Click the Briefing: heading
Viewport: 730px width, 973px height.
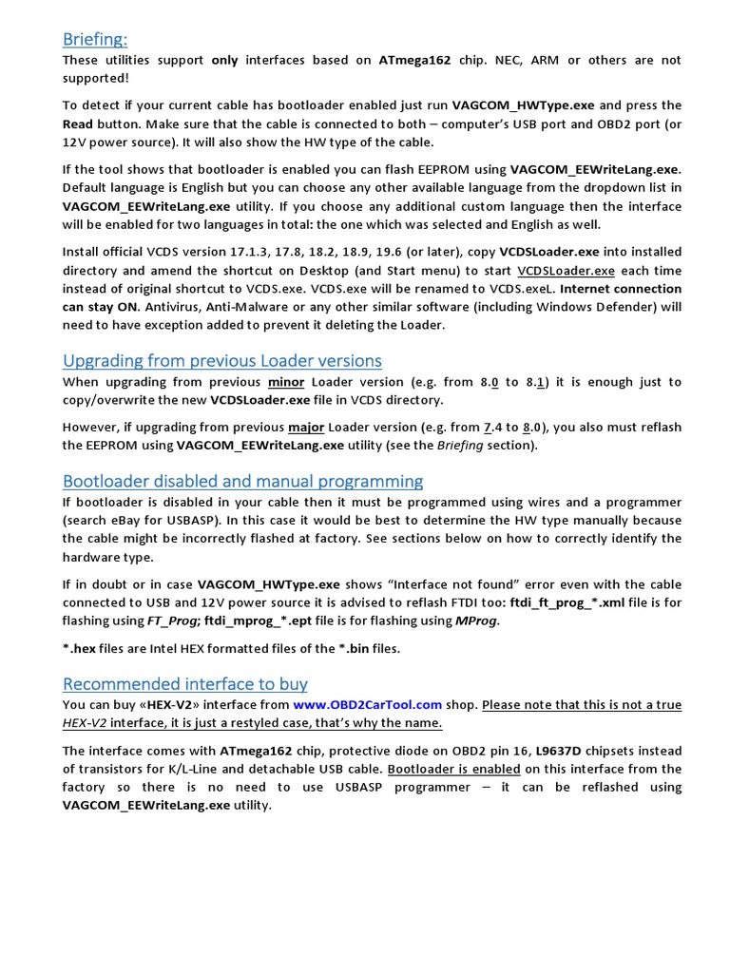coord(95,38)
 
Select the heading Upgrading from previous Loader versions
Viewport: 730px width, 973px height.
coord(222,360)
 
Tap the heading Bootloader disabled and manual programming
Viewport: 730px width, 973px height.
coord(243,481)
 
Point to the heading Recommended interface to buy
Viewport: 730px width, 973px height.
coord(185,684)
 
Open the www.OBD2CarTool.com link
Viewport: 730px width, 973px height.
coord(368,705)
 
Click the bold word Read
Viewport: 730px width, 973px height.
coord(78,124)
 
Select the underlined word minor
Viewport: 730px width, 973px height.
coord(287,382)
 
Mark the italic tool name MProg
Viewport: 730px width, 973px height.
coord(476,620)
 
